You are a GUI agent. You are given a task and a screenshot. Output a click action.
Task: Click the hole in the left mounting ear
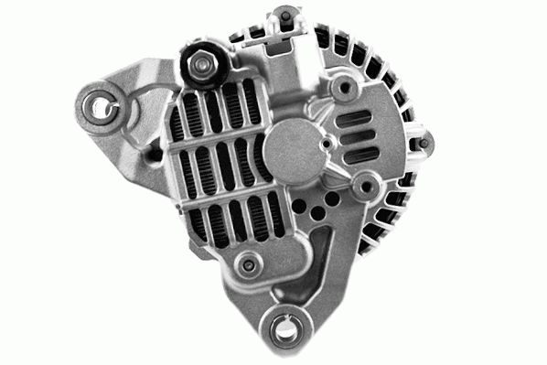99,105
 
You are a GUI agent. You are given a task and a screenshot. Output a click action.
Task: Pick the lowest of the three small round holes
316,214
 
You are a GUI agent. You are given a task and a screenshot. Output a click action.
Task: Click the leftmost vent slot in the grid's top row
190,114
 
